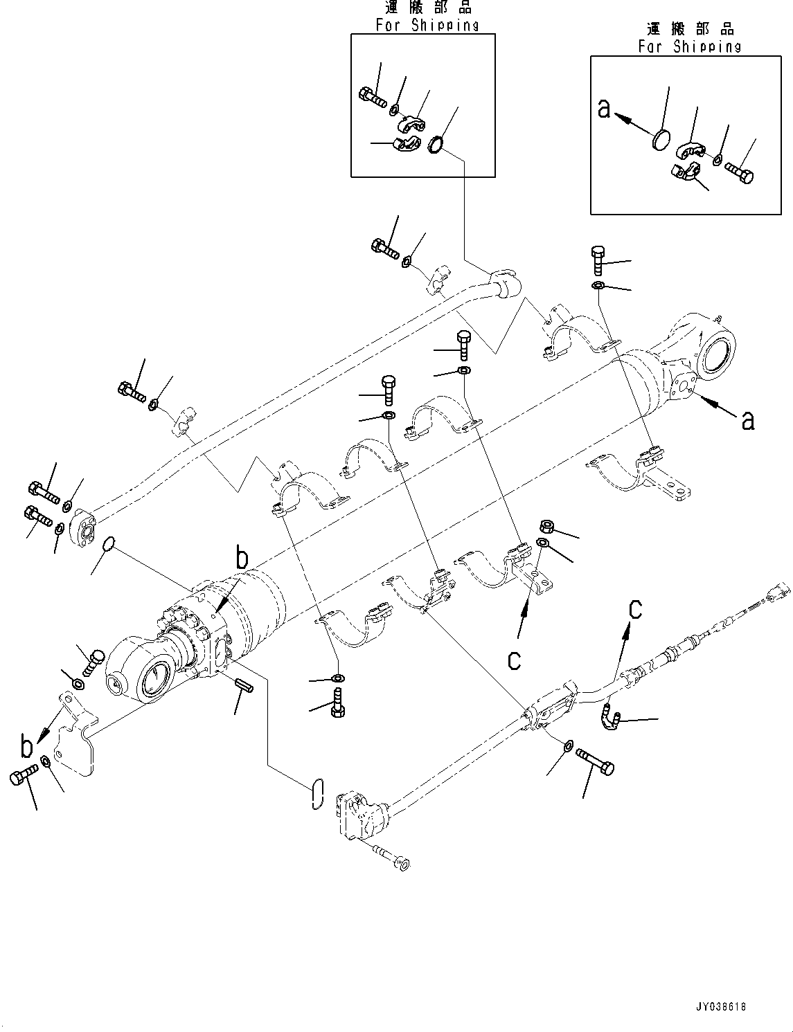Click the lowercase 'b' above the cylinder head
(241, 557)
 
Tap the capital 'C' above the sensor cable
(635, 609)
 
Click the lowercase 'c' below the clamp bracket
(513, 660)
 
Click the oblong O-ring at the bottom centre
(317, 793)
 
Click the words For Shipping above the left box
(427, 25)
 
